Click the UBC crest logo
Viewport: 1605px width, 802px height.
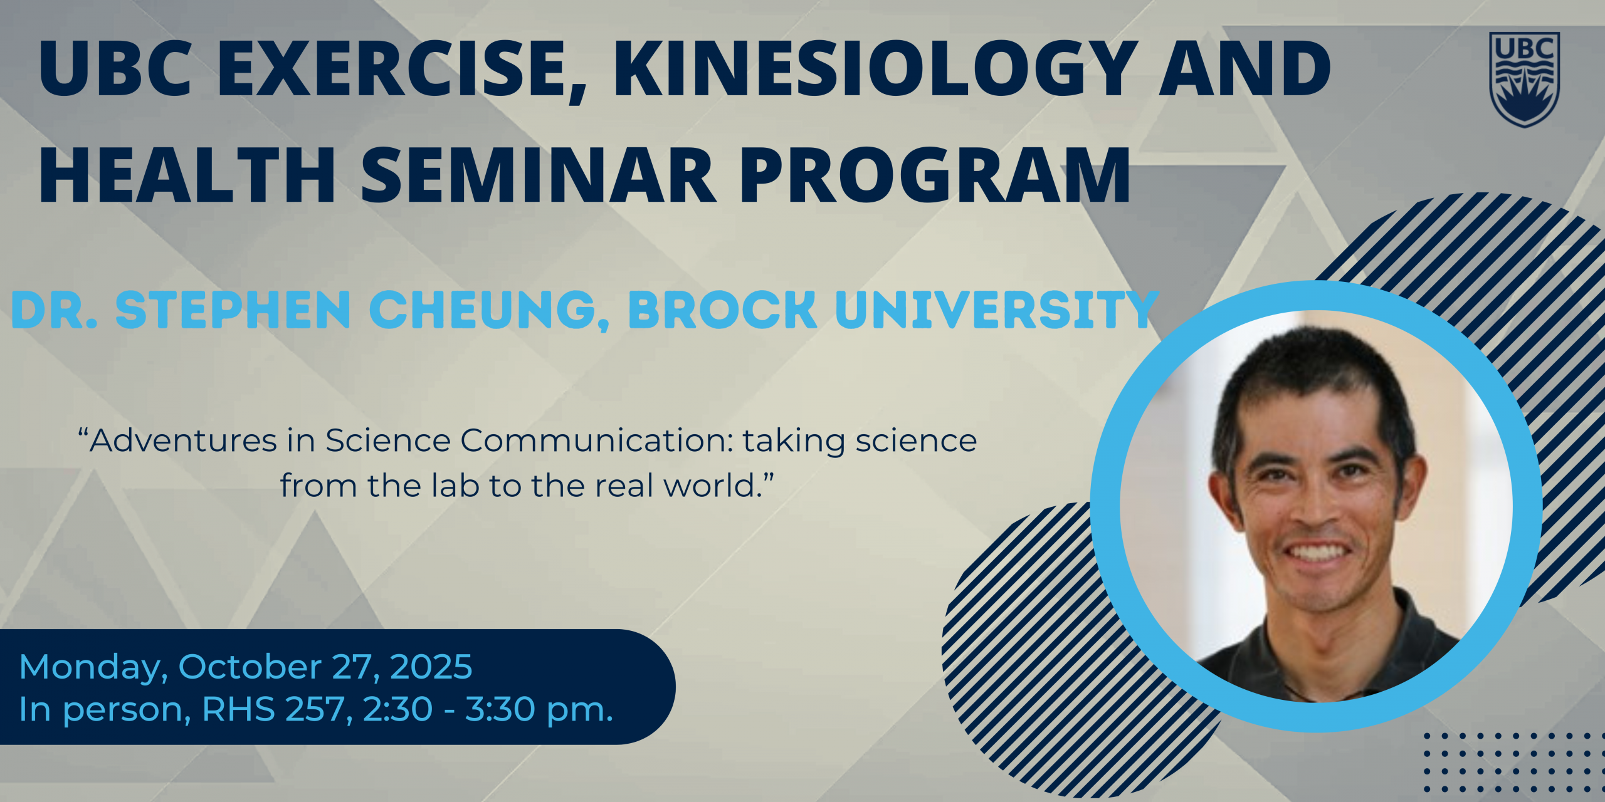coord(1524,80)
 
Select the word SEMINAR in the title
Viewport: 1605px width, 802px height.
coord(539,175)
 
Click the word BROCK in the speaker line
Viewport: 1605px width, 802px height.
coord(722,310)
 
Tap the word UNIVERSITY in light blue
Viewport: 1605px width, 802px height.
coord(997,310)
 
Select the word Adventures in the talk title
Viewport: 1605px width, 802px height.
coord(184,440)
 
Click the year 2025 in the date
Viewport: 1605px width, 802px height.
coord(431,667)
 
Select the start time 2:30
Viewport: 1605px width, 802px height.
coord(397,709)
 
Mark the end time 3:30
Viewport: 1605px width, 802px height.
coord(500,709)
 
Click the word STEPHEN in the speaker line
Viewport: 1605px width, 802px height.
coord(233,310)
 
